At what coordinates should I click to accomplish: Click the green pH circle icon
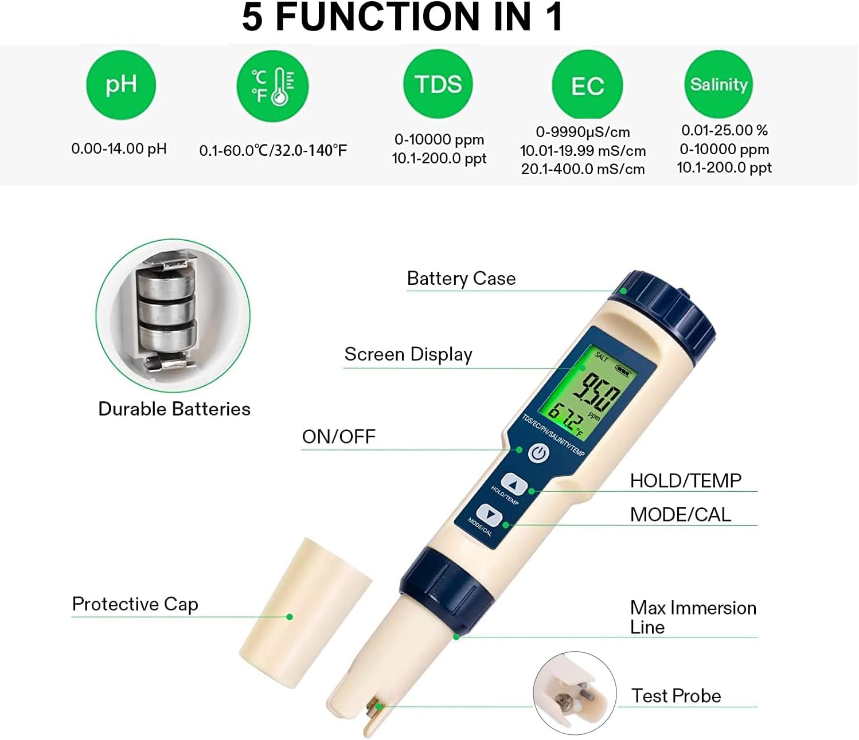[x=121, y=85]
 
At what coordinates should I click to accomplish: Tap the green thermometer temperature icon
[x=272, y=86]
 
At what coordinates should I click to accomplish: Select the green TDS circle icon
[x=438, y=84]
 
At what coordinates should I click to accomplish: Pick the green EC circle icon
[x=587, y=85]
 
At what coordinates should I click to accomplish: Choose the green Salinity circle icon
[x=719, y=84]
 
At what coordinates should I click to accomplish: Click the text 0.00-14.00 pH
[x=119, y=149]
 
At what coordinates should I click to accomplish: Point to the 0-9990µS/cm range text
[x=583, y=132]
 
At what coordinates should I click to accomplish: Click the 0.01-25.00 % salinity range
[x=724, y=131]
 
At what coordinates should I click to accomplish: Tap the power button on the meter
[x=538, y=453]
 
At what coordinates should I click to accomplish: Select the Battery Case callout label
[x=461, y=279]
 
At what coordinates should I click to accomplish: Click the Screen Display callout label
[x=408, y=354]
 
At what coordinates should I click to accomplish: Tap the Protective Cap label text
[x=135, y=604]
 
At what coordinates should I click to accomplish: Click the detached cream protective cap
[x=306, y=613]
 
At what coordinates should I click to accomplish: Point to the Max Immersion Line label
[x=693, y=617]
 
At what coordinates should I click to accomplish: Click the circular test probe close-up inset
[x=575, y=693]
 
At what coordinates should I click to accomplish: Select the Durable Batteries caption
[x=174, y=409]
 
